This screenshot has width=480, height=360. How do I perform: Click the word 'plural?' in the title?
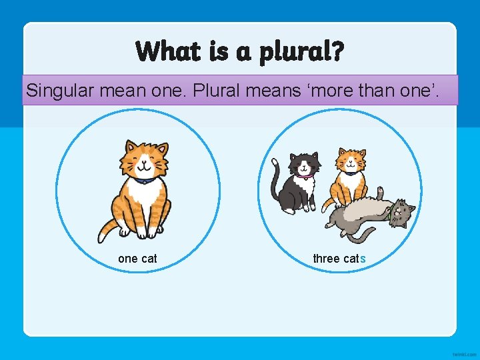(x=302, y=52)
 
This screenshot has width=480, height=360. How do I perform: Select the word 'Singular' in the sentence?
(x=59, y=90)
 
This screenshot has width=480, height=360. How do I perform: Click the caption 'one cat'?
(x=137, y=259)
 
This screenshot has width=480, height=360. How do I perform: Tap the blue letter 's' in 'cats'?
(x=363, y=259)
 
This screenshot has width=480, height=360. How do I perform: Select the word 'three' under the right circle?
(x=327, y=259)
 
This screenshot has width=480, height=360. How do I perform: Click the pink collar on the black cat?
(x=306, y=177)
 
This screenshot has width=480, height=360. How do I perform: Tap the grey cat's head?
(x=402, y=213)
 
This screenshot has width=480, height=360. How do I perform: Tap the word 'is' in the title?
(x=219, y=51)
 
